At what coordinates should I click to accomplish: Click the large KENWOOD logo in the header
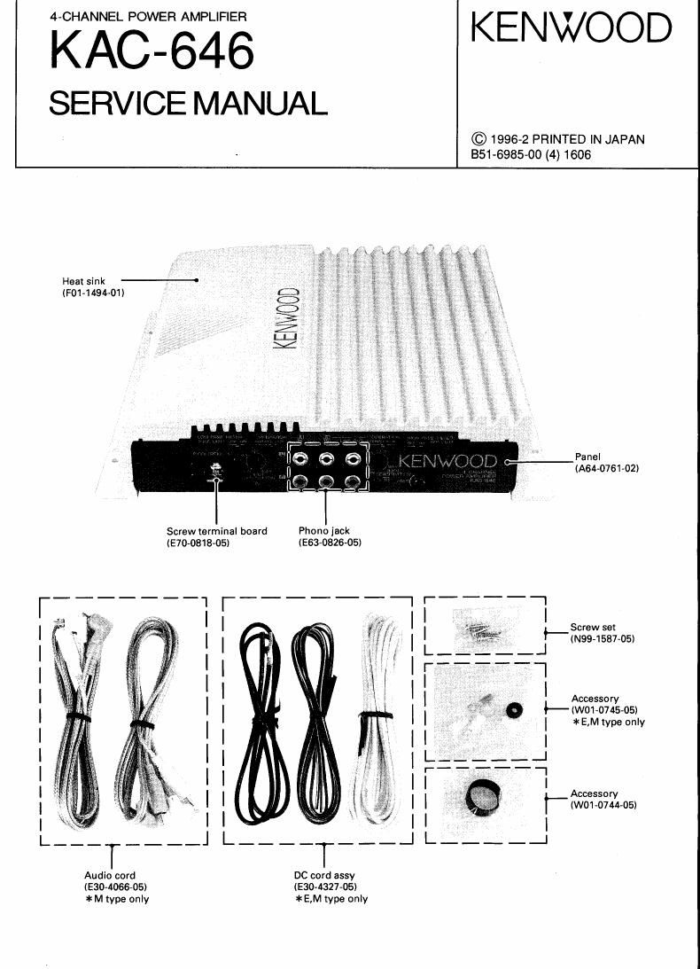(x=571, y=28)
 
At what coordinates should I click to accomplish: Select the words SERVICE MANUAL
(x=187, y=104)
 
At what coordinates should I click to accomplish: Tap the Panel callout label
(x=587, y=457)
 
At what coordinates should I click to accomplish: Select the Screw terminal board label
(x=216, y=531)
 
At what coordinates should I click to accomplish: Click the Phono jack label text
(x=324, y=531)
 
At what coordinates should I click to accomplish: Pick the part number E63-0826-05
(x=330, y=543)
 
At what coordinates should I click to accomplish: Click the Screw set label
(x=593, y=627)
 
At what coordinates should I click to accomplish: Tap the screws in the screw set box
(x=479, y=629)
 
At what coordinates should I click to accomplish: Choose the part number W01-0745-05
(x=604, y=710)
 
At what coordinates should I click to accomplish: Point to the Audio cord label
(x=110, y=875)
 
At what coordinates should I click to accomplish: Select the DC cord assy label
(x=324, y=875)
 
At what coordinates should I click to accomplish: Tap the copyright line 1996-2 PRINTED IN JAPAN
(x=558, y=139)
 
